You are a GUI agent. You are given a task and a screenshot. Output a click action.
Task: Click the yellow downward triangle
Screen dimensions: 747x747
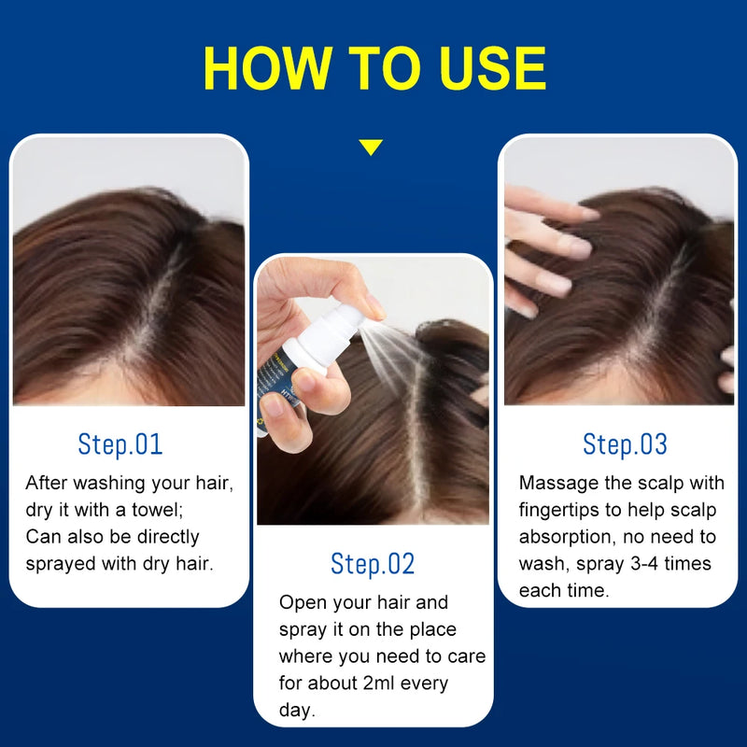pos(371,148)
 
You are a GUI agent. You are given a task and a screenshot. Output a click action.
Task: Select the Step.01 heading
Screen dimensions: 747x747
pos(120,444)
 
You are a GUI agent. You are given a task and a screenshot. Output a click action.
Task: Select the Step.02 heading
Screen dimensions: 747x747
pos(373,564)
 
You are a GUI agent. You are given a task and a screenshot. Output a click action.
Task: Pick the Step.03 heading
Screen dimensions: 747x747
pos(625,444)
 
